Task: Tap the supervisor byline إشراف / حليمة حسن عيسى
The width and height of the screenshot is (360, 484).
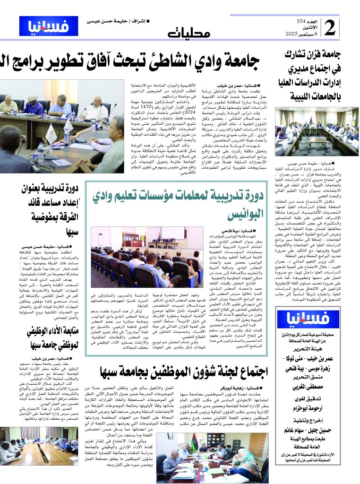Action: [x=115, y=21]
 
